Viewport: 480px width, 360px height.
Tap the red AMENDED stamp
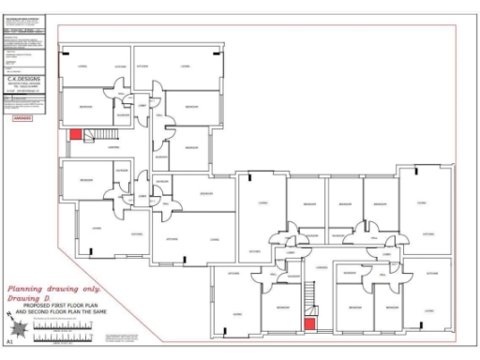[22, 119]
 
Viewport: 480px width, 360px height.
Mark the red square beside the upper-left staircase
[75, 135]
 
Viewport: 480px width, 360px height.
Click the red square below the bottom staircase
[307, 324]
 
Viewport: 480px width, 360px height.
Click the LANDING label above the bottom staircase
[321, 268]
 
